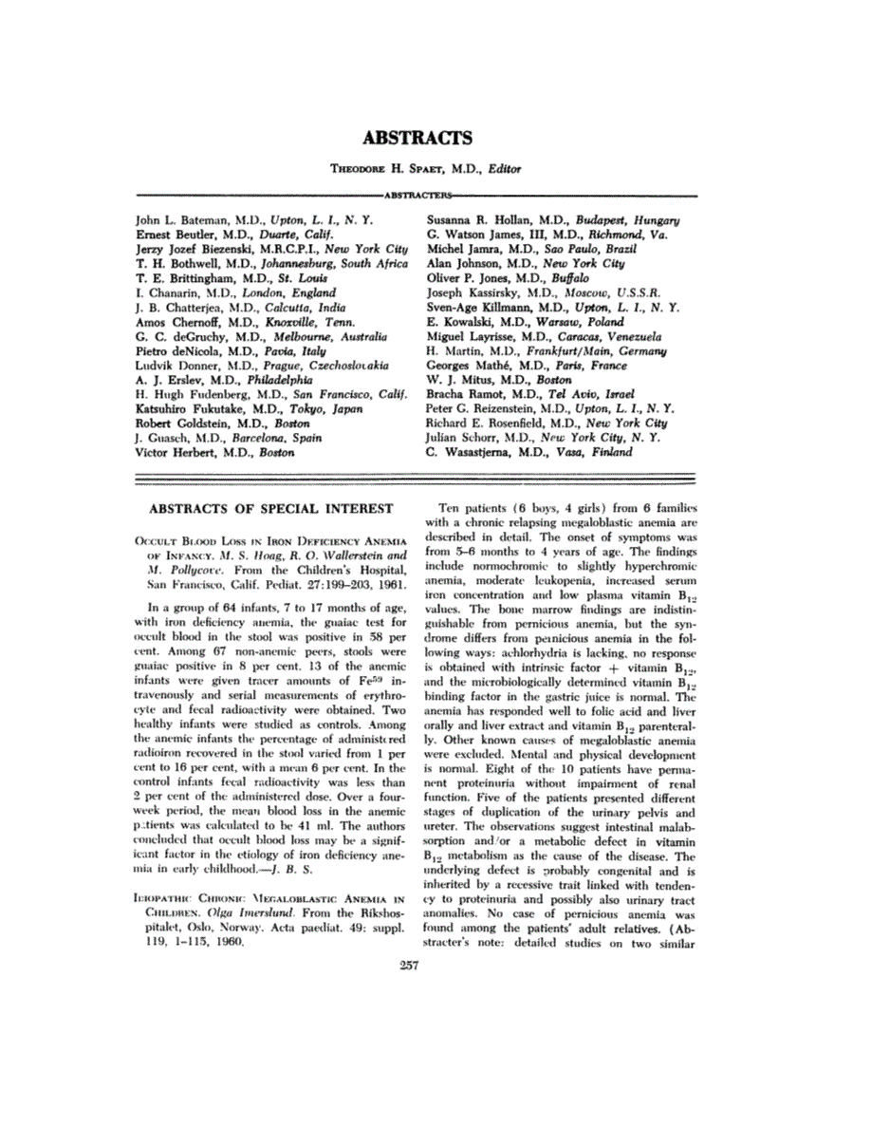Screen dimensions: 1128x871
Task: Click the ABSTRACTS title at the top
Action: coord(435,138)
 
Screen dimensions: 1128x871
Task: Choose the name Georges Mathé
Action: coord(472,366)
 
